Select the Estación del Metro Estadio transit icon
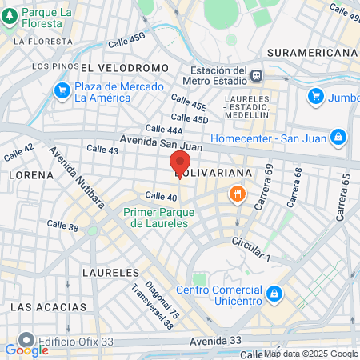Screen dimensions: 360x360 click(x=256, y=77)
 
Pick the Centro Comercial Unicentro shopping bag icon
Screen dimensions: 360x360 click(x=274, y=294)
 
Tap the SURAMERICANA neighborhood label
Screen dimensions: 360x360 click(x=312, y=52)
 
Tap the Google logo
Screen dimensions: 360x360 click(x=26, y=350)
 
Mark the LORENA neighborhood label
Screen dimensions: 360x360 click(x=30, y=174)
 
